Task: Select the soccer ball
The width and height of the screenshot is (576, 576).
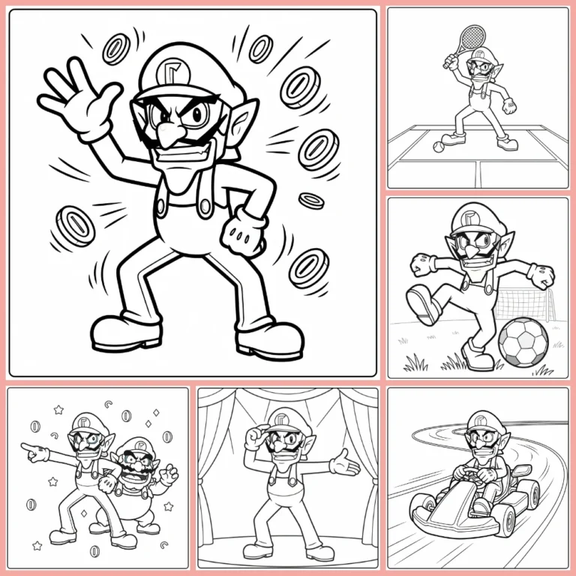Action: (523, 342)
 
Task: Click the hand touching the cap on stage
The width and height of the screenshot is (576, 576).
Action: (256, 434)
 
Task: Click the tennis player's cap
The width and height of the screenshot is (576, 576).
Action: (483, 55)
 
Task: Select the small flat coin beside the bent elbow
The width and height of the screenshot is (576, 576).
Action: (311, 200)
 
